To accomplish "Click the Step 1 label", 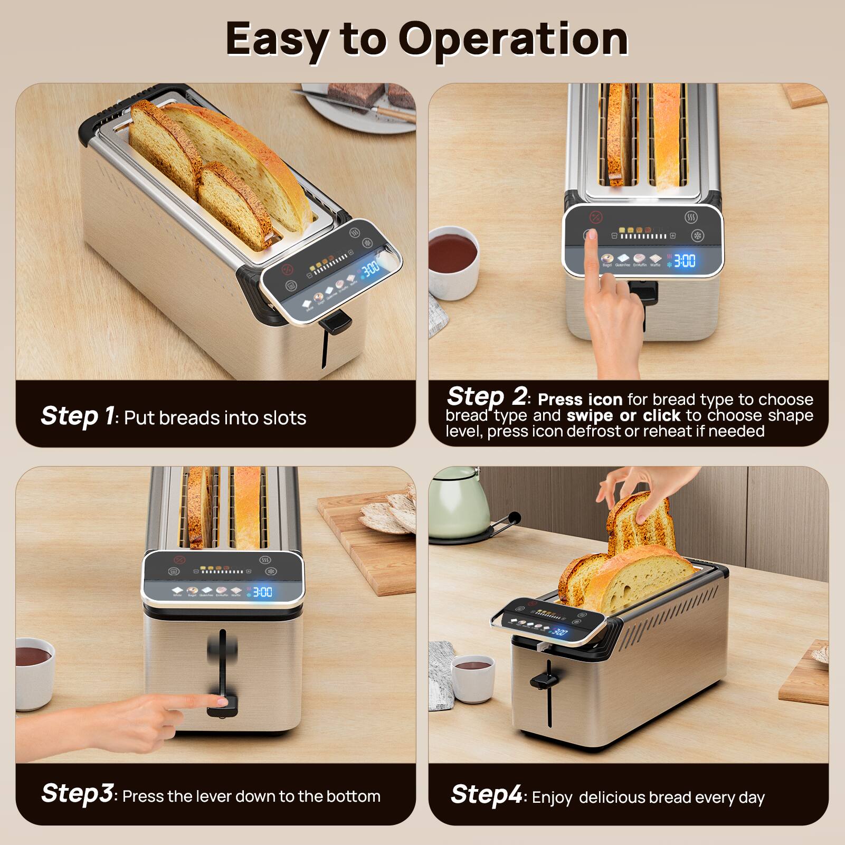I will tap(77, 416).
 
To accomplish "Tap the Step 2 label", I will tap(486, 396).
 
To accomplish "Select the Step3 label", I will tap(77, 793).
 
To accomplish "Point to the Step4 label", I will tap(486, 794).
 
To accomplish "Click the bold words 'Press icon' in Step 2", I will tap(580, 399).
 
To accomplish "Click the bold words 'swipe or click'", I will tap(623, 415).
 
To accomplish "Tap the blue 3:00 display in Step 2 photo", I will tap(685, 260).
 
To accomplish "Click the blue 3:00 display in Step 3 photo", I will tap(262, 592).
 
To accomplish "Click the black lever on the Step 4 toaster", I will tap(543, 681).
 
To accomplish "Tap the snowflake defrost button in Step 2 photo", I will tap(698, 236).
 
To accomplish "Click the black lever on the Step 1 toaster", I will tap(337, 321).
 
